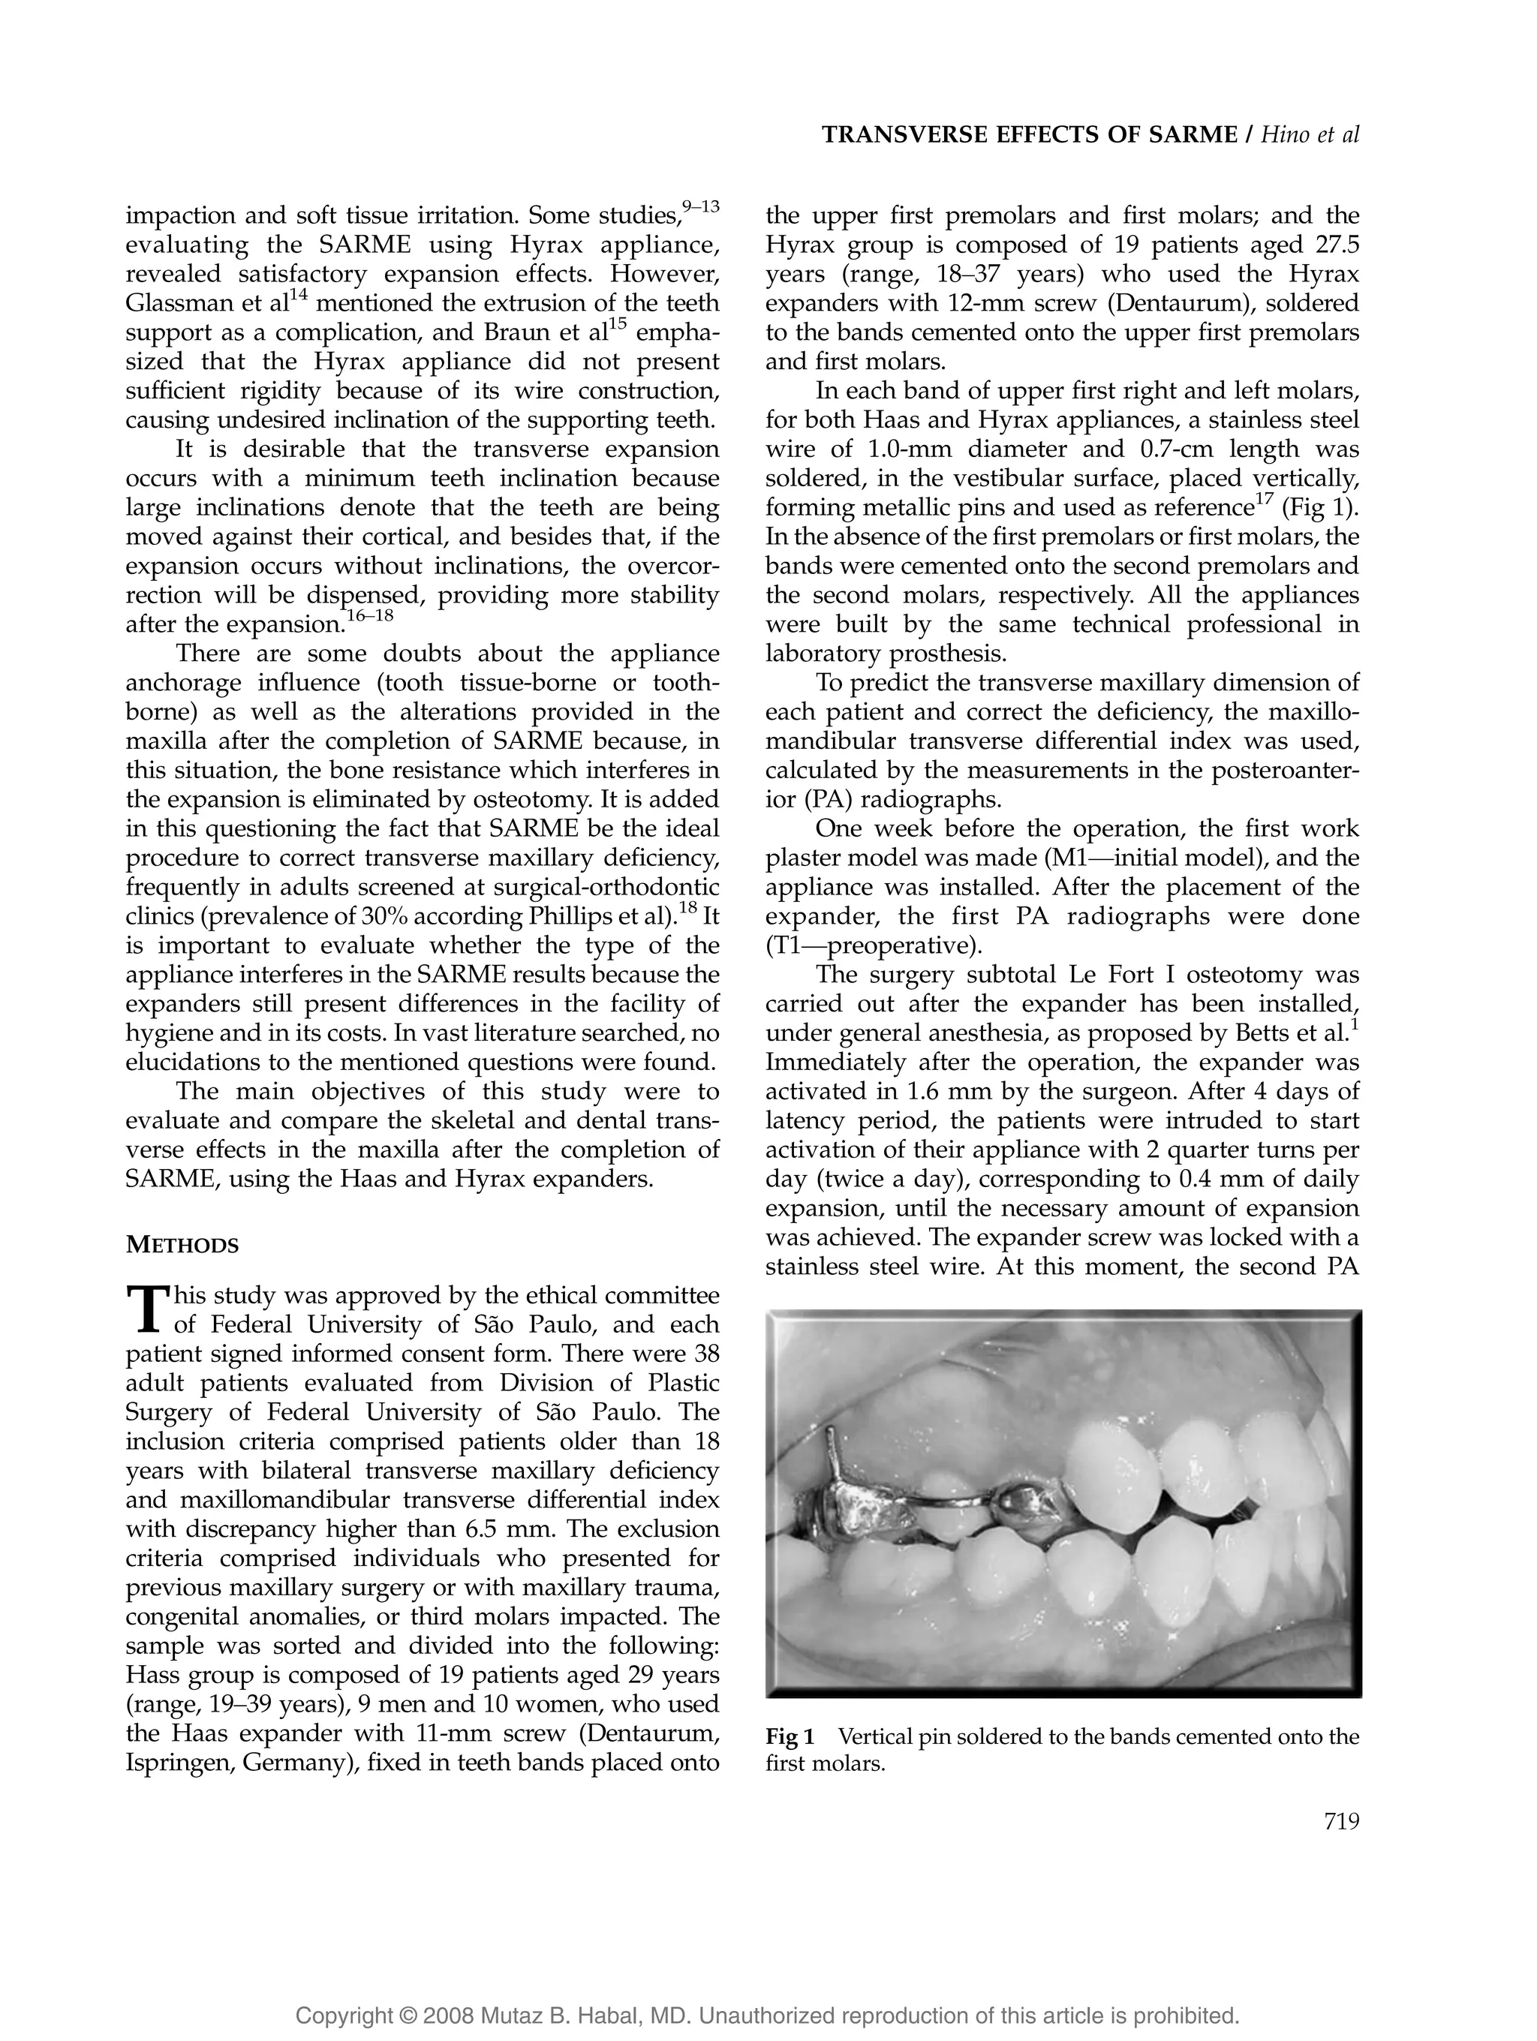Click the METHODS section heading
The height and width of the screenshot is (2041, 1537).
point(182,1246)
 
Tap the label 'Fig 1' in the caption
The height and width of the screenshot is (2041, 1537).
point(790,1736)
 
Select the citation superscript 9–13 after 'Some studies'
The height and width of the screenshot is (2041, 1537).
point(700,206)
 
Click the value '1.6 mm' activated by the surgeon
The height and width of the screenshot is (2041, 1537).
point(939,1092)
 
